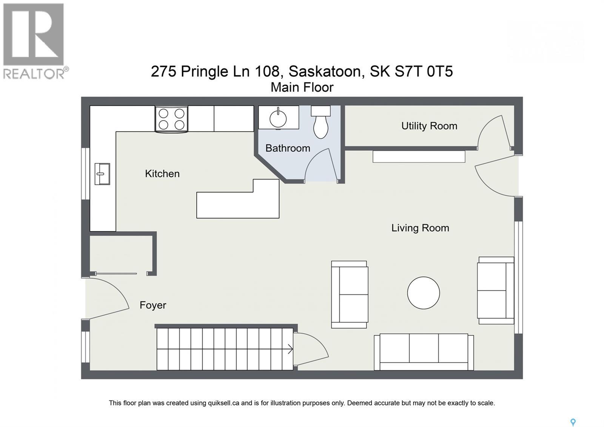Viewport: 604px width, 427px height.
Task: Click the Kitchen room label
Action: [162, 174]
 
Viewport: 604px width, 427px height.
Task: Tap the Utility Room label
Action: [429, 126]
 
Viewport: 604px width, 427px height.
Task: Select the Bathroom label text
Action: [288, 148]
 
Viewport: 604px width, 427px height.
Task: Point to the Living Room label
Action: [420, 228]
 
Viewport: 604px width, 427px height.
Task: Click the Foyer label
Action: [153, 305]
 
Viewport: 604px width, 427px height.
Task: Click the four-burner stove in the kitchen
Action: [171, 119]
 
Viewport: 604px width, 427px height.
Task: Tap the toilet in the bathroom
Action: [321, 123]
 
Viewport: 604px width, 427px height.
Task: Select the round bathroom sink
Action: [278, 119]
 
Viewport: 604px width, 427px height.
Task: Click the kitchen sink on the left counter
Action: [102, 174]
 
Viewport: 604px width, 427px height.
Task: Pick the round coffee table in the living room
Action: [424, 293]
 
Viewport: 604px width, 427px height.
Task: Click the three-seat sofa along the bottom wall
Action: [424, 352]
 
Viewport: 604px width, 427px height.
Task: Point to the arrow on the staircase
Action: [290, 349]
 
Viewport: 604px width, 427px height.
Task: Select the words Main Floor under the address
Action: [302, 87]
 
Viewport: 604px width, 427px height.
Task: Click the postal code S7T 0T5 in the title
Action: [424, 71]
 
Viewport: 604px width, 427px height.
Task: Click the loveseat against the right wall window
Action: [495, 290]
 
